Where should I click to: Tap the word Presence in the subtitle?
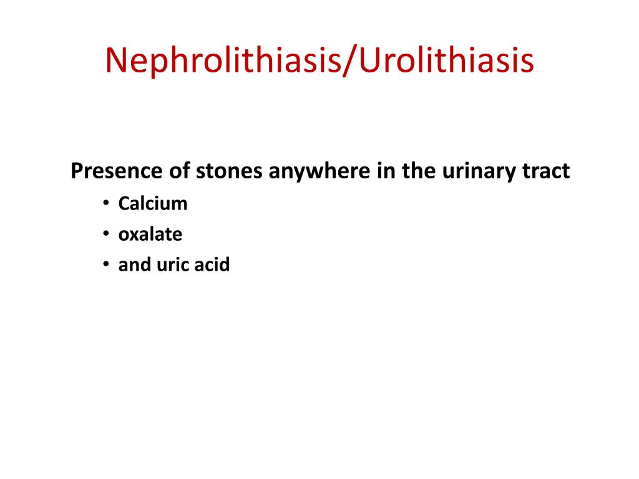[115, 171]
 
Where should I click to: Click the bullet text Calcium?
[153, 204]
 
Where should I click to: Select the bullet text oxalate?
[150, 235]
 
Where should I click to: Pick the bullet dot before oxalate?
[106, 235]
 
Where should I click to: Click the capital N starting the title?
[115, 61]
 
